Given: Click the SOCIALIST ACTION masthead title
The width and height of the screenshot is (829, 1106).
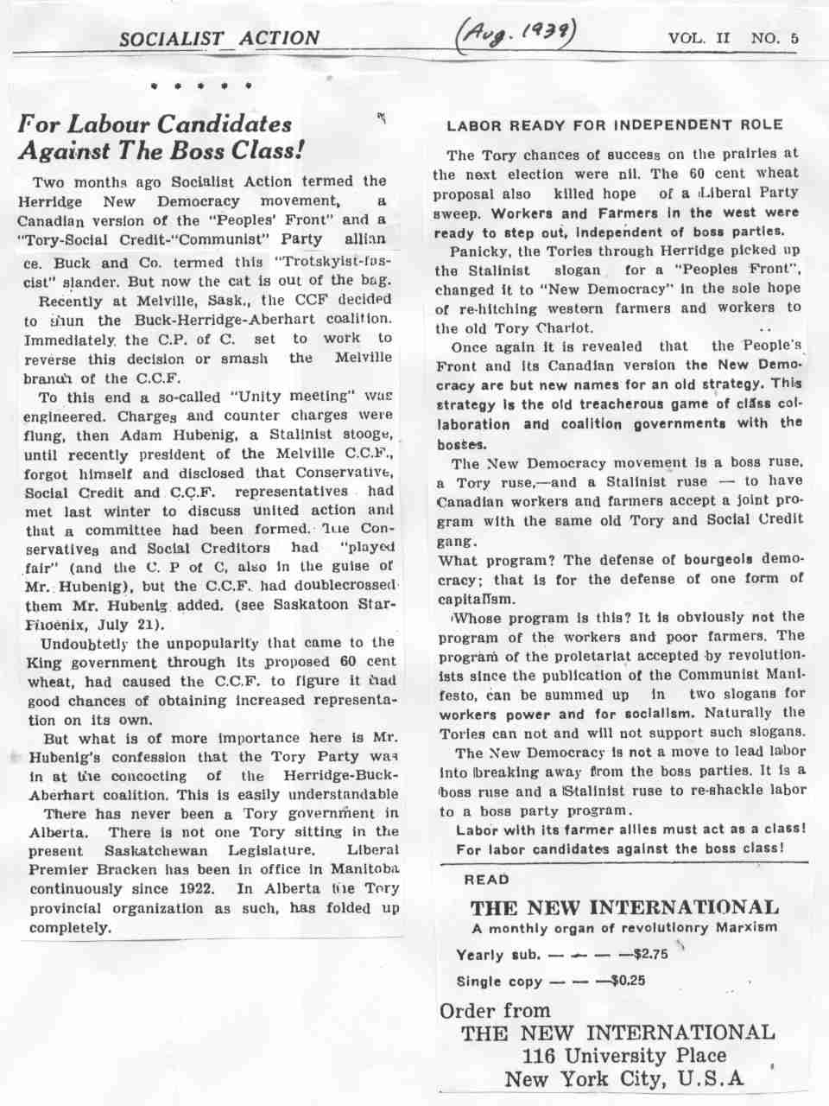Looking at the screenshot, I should (219, 38).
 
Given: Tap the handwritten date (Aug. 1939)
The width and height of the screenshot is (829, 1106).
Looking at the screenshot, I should (515, 36).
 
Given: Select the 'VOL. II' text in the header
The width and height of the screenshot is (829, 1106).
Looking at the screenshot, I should (699, 39).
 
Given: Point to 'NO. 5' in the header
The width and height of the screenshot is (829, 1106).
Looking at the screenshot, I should (775, 39).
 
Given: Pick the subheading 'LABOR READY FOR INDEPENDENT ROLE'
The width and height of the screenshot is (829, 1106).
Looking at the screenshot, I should (615, 125).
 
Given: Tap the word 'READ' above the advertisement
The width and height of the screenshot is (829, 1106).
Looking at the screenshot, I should (487, 880).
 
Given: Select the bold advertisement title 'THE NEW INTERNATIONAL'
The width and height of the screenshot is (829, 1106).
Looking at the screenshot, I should (623, 907).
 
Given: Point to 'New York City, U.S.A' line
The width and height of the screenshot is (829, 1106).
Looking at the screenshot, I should (623, 1079).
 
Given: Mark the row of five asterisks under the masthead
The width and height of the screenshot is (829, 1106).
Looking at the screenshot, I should (200, 86).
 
